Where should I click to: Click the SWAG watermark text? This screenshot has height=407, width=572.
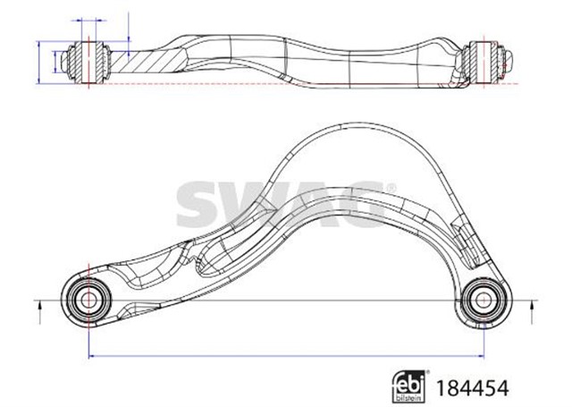(285, 205)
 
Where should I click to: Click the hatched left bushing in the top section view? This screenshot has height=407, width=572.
(89, 60)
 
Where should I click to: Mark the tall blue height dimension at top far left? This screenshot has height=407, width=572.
(39, 61)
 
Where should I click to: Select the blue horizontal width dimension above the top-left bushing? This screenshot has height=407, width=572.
(88, 19)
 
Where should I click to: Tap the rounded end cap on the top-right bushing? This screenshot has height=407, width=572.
(511, 60)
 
